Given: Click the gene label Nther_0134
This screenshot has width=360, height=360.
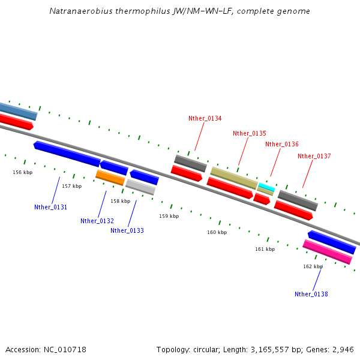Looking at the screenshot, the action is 205,118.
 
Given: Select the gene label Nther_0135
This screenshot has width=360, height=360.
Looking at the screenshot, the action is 250,133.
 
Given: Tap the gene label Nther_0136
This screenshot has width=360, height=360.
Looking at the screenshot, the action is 282,144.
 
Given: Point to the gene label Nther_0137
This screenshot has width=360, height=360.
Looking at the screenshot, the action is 314,156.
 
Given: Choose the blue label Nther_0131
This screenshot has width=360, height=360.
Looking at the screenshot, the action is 50,207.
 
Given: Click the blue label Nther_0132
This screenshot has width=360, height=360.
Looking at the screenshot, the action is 97,221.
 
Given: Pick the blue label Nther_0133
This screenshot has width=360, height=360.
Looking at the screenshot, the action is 127,230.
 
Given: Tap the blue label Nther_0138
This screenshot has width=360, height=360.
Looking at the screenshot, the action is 311,294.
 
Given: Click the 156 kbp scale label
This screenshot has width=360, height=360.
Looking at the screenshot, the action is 23,172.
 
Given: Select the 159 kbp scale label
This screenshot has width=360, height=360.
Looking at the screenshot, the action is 169,216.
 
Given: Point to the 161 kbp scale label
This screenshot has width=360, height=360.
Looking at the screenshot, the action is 265,249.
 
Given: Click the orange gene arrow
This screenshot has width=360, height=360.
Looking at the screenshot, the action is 110,178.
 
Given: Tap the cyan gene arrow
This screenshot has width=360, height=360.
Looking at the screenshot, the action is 266,188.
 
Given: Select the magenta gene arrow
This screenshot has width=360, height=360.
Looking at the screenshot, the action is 327,252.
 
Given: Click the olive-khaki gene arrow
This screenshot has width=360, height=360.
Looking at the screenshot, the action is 234,178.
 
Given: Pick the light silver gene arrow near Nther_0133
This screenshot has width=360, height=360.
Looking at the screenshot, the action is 140,187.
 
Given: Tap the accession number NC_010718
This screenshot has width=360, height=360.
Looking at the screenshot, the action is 64,349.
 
